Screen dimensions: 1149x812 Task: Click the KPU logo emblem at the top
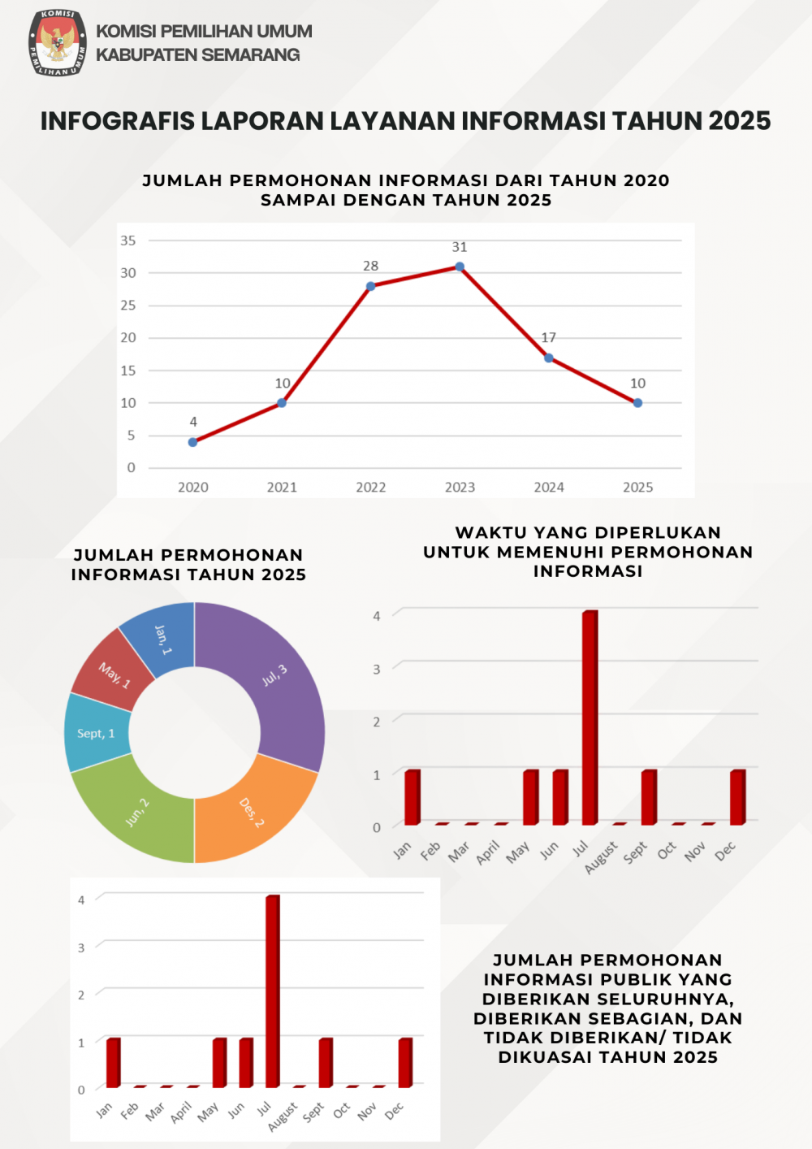[58, 43]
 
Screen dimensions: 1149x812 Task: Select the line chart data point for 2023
[460, 267]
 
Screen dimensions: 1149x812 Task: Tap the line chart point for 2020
[192, 442]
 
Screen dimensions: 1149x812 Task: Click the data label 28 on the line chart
[371, 266]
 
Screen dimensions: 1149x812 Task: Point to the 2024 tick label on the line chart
[549, 487]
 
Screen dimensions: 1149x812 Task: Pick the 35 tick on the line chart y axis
[128, 241]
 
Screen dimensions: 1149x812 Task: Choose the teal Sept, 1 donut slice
[96, 733]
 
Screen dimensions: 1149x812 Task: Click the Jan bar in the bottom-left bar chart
[113, 1062]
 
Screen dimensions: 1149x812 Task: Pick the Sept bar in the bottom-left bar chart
[326, 1062]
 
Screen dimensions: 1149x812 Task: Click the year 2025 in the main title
[739, 121]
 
